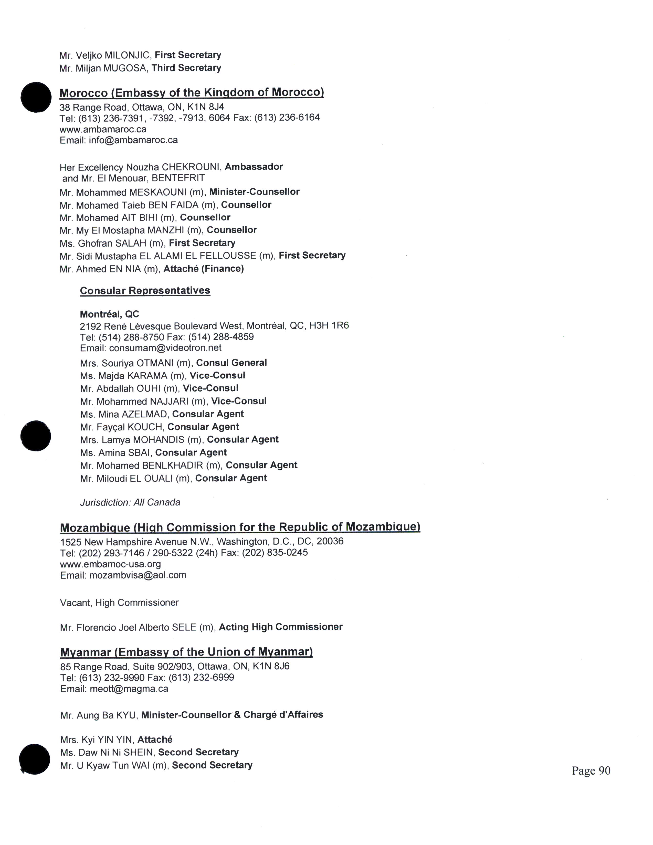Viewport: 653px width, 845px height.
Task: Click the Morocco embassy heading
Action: point(192,93)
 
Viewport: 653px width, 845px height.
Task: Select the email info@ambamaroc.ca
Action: point(133,140)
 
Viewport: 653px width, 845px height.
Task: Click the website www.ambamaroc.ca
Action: point(103,129)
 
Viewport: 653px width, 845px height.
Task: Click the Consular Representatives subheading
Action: point(145,291)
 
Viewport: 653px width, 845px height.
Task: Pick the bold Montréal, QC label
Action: point(110,314)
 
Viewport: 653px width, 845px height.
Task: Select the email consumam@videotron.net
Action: point(165,348)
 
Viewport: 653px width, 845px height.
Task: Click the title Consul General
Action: point(231,363)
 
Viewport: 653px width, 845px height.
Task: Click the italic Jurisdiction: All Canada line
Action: point(130,502)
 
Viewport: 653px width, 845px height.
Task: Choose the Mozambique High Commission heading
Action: point(240,527)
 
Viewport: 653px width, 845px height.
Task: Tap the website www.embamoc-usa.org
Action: point(111,564)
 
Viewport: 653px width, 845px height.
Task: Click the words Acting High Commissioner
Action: point(280,627)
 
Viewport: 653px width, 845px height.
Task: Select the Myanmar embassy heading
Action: point(186,652)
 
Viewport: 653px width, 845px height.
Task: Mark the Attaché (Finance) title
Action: point(204,269)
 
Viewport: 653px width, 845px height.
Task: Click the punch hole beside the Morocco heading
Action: point(36,97)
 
